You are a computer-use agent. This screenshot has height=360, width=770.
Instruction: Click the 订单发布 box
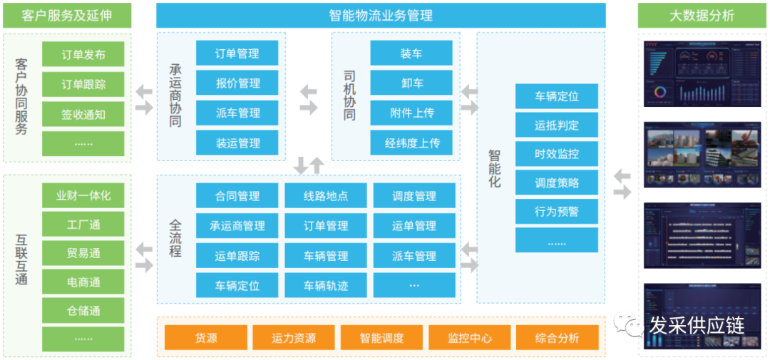83,54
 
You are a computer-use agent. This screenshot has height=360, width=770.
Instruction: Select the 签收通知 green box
83,114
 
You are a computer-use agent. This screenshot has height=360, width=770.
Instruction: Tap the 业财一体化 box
83,195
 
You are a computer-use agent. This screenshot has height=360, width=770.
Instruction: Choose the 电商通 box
83,282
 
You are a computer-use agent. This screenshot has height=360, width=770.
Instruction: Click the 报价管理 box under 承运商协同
237,83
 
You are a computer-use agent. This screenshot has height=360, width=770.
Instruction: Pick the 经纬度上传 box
411,143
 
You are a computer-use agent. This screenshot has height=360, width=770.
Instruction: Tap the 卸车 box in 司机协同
411,83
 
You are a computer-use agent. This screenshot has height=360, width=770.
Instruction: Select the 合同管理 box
237,196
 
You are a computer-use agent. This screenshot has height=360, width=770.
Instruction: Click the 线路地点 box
326,196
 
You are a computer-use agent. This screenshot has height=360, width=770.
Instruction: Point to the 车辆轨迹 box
326,286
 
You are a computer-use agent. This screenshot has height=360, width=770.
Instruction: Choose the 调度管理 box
414,196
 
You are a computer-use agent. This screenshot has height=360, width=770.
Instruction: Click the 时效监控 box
556,154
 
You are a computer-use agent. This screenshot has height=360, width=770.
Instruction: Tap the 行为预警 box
556,212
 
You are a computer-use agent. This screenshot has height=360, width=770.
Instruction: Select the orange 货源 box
206,338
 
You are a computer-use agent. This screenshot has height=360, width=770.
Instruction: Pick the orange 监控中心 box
469,338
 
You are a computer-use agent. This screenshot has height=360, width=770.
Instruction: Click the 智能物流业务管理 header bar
381,16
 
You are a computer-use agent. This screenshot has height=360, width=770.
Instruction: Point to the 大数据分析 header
702,16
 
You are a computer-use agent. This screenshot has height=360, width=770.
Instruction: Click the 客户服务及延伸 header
67,16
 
